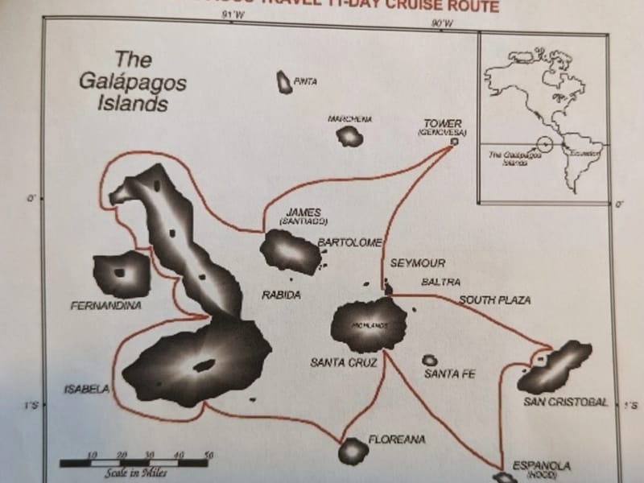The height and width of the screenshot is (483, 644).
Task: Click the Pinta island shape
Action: [283, 80]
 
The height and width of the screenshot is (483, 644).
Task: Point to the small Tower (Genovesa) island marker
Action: [454, 141]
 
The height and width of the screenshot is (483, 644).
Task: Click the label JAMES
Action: [303, 212]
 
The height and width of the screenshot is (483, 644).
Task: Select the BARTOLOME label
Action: [349, 242]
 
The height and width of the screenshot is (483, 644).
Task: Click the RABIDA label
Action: [281, 295]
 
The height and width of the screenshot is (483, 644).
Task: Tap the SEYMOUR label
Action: [418, 263]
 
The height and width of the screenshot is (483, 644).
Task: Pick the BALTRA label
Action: [441, 283]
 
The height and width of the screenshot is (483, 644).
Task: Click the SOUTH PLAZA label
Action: [495, 300]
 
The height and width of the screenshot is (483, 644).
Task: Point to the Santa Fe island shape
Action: [430, 361]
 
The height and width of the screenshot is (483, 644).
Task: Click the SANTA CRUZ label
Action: [340, 363]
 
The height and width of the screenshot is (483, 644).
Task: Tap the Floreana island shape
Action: [353, 451]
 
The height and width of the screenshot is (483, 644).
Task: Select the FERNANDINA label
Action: [106, 306]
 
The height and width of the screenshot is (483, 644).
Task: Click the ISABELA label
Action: [86, 390]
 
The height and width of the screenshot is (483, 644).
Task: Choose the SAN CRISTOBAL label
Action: [566, 402]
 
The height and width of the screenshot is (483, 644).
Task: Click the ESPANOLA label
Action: [542, 465]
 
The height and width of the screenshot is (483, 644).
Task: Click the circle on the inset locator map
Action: [545, 146]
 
